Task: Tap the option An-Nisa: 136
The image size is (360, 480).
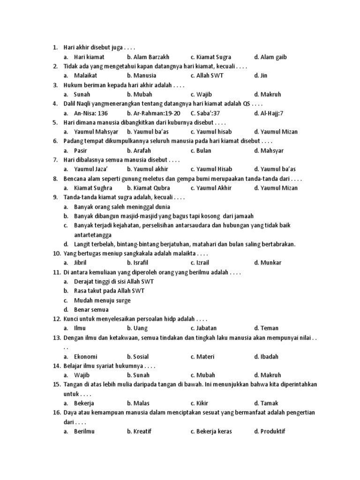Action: coord(91,113)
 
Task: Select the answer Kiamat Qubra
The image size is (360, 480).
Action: coord(145,187)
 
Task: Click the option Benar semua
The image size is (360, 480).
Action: coord(91,309)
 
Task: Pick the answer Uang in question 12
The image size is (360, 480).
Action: coord(137,328)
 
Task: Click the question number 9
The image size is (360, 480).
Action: coord(55,197)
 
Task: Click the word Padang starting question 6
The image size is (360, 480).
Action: coord(74,141)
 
